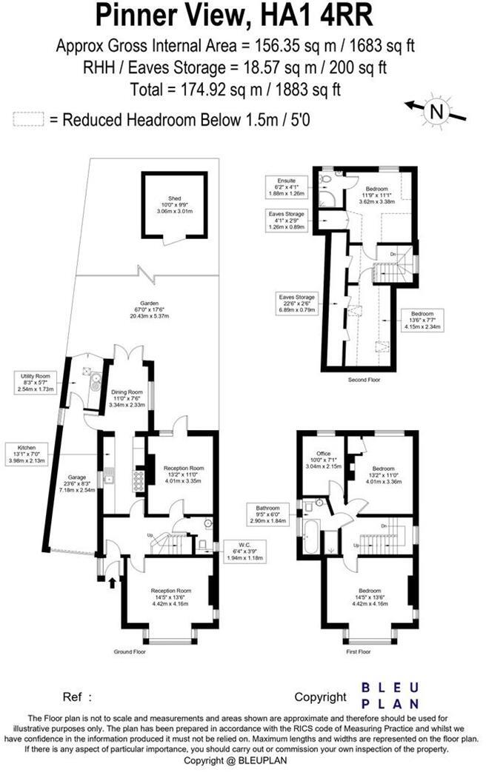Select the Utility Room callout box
click(35, 383)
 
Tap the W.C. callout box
click(244, 552)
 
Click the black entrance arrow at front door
click(112, 583)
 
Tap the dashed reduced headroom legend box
click(28, 118)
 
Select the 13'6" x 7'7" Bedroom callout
click(422, 319)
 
